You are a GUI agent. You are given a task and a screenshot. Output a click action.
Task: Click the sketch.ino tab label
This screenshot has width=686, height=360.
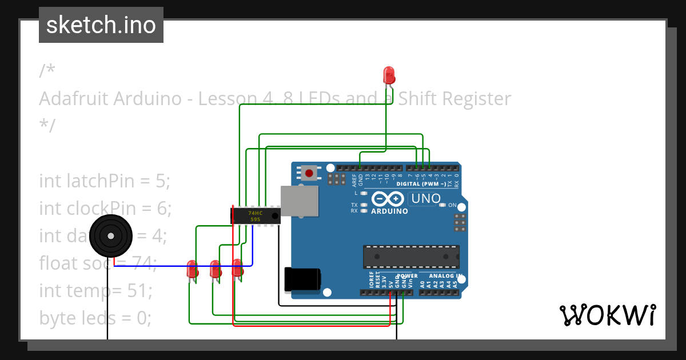tap(101, 25)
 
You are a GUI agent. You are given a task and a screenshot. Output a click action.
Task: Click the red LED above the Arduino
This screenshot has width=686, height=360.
tap(389, 74)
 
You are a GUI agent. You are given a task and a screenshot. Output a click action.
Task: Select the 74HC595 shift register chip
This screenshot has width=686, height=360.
tap(255, 215)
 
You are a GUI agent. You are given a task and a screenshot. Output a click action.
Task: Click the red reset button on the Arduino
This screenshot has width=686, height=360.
tap(309, 173)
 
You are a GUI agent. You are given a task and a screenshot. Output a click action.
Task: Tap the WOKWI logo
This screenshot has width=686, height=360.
tap(607, 315)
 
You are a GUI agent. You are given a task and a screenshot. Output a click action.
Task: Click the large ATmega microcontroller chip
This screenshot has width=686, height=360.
tap(411, 257)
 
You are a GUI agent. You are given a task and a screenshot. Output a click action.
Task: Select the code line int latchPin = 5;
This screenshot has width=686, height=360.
tap(105, 181)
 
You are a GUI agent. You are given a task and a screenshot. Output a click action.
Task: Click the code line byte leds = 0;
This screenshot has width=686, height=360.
tap(95, 317)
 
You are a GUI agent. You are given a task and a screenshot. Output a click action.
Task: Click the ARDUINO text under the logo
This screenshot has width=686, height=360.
tap(389, 211)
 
